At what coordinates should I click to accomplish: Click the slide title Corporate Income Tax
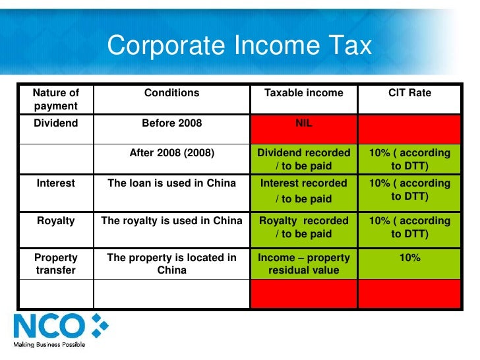pyautogui.click(x=239, y=45)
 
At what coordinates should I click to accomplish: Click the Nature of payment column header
pyautogui.click(x=56, y=100)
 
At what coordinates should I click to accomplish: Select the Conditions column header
pyautogui.click(x=171, y=93)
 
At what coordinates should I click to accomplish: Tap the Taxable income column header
pyautogui.click(x=303, y=93)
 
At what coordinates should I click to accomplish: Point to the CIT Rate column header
pyautogui.click(x=409, y=93)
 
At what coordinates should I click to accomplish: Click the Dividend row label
pyautogui.click(x=56, y=123)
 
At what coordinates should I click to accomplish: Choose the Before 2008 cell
pyautogui.click(x=171, y=123)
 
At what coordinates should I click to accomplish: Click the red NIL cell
pyautogui.click(x=303, y=123)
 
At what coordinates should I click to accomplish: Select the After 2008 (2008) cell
pyautogui.click(x=171, y=153)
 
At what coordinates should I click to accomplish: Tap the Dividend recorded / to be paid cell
pyautogui.click(x=303, y=160)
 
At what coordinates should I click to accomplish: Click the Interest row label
pyautogui.click(x=56, y=183)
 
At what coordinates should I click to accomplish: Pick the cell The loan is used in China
pyautogui.click(x=171, y=183)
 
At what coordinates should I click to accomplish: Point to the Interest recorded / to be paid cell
pyautogui.click(x=303, y=191)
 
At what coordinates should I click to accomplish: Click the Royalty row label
pyautogui.click(x=56, y=221)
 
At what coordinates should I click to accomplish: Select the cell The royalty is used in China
pyautogui.click(x=171, y=221)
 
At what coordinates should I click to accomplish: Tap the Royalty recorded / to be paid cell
pyautogui.click(x=303, y=227)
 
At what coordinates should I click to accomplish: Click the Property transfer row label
pyautogui.click(x=56, y=264)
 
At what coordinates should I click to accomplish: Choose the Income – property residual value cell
pyautogui.click(x=303, y=264)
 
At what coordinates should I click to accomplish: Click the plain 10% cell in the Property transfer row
pyautogui.click(x=409, y=258)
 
